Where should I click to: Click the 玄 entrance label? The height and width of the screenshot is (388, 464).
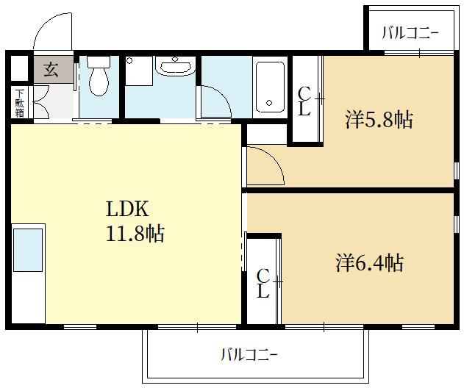click(51, 70)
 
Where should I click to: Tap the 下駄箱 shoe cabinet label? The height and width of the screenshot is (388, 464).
click(20, 103)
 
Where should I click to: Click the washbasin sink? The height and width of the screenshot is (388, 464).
click(176, 66)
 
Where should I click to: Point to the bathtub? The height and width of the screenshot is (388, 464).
click(270, 87)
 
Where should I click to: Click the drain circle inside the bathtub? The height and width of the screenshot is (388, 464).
click(269, 103)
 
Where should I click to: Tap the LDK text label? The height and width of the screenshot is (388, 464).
click(127, 209)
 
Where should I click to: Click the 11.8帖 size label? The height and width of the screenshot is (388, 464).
click(135, 234)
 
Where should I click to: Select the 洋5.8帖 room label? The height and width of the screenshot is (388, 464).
click(379, 119)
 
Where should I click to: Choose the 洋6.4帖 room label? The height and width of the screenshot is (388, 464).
click(370, 262)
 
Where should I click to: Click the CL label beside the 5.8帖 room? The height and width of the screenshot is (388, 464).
click(304, 101)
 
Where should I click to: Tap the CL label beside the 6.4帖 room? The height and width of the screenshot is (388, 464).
click(263, 284)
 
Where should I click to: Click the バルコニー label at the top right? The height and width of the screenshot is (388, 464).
click(410, 33)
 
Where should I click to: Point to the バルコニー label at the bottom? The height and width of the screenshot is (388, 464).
click(249, 354)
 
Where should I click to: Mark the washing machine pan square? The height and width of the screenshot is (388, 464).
click(139, 71)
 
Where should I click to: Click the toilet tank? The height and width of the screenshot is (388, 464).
click(99, 62)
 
